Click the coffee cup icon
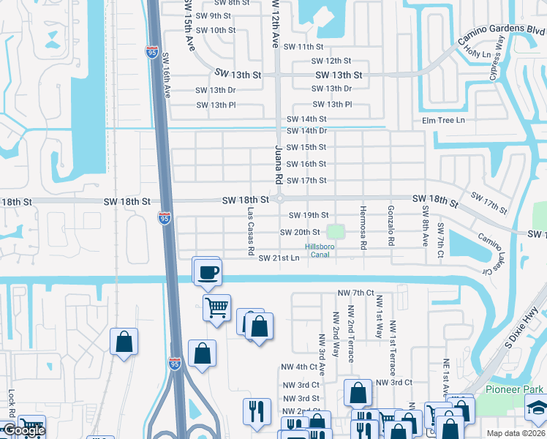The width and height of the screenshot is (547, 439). (208, 272)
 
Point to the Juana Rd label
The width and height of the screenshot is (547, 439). (278, 164)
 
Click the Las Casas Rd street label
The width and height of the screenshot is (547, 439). (251, 230)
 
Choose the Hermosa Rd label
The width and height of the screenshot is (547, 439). (362, 228)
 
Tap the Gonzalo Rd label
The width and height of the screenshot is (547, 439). (392, 225)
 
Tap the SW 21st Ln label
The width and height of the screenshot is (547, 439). (279, 258)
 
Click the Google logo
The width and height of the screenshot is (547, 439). (23, 430)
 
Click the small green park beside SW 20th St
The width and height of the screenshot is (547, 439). (335, 232)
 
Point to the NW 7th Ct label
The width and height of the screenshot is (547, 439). (355, 293)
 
